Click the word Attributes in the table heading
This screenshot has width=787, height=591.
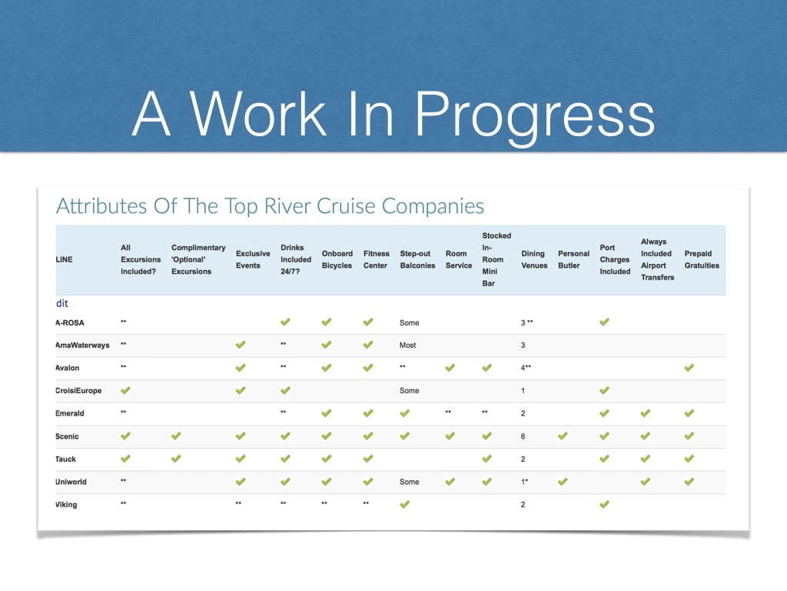(x=101, y=206)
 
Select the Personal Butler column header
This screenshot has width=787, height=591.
(x=573, y=259)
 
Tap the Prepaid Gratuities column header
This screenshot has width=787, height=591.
(x=702, y=259)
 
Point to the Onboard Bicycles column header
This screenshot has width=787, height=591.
(x=337, y=259)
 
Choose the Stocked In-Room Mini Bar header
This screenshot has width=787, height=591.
(x=496, y=259)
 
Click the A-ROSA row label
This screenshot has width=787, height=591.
(x=70, y=322)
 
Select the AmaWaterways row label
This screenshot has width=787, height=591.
(x=82, y=346)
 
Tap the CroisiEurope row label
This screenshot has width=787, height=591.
(x=78, y=390)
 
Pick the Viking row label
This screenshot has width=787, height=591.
(x=66, y=505)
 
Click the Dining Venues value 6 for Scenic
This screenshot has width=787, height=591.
(x=523, y=436)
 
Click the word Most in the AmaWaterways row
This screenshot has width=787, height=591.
(x=407, y=346)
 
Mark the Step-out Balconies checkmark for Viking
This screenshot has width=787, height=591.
(x=404, y=504)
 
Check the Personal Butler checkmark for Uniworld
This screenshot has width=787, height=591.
(x=563, y=482)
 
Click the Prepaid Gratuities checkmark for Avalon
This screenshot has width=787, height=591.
(x=689, y=367)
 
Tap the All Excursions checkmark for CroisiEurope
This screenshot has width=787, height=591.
(x=125, y=390)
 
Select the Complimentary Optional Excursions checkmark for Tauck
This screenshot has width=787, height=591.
(x=176, y=459)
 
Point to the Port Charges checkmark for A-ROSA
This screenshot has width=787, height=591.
(x=604, y=322)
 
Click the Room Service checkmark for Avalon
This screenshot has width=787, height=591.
(x=450, y=367)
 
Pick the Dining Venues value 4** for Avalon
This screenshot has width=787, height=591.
(x=526, y=368)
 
